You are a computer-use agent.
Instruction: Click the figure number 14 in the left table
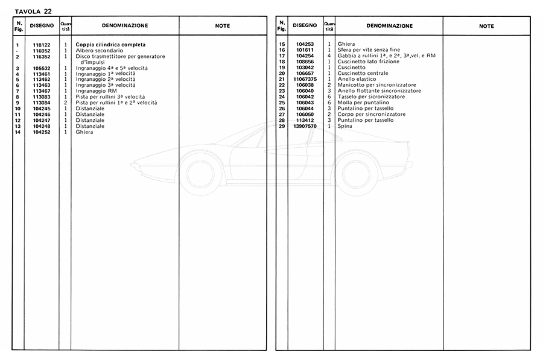click(18, 131)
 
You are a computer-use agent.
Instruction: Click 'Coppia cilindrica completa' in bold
click(110, 45)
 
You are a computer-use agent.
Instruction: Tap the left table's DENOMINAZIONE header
click(125, 26)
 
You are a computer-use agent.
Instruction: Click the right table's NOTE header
click(486, 26)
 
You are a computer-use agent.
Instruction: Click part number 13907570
click(305, 125)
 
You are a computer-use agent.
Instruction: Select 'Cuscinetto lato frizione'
click(366, 62)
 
